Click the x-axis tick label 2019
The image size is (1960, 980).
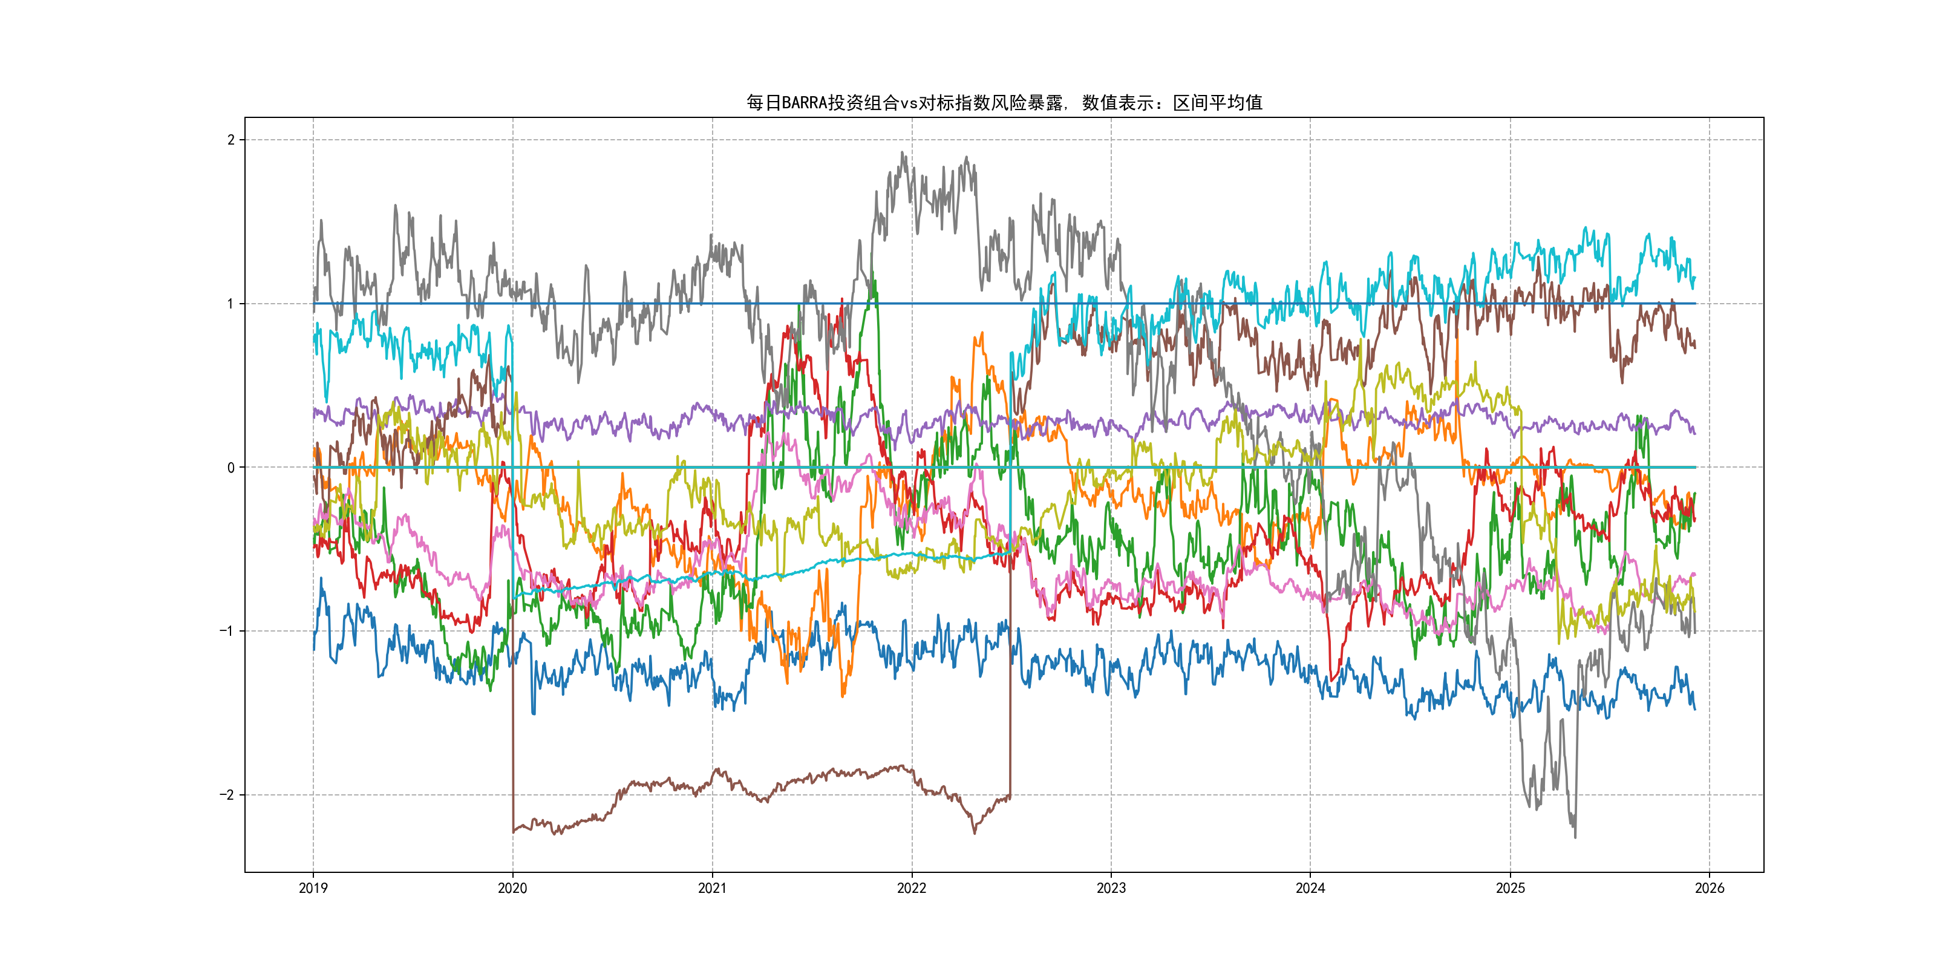click(313, 888)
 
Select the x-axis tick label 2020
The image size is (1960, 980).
click(512, 888)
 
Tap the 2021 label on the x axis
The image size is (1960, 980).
click(712, 888)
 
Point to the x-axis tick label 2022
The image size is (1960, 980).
click(912, 888)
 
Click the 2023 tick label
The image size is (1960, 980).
click(1111, 888)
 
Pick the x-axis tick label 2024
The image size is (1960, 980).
click(1310, 888)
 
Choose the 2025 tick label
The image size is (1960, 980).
click(1511, 888)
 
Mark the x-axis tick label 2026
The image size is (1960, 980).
click(1710, 888)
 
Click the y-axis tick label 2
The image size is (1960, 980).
click(230, 140)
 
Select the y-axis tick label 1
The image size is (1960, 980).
click(230, 304)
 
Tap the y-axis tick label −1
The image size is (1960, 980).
click(227, 632)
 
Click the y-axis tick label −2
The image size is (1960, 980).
click(227, 795)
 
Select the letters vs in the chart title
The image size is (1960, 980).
click(909, 103)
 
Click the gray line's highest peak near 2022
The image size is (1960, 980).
click(903, 153)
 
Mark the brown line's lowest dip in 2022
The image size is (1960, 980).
click(975, 832)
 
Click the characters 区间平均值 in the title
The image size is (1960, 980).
click(1217, 103)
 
